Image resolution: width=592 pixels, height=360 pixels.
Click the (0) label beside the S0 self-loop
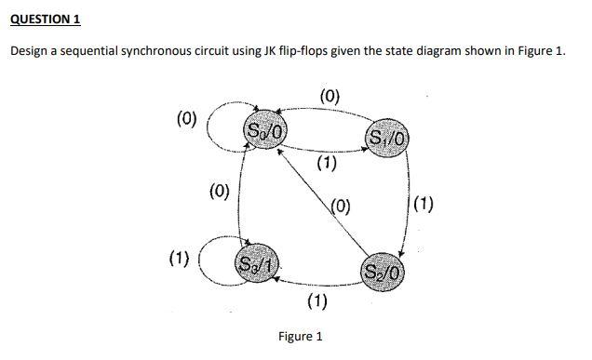click(x=187, y=118)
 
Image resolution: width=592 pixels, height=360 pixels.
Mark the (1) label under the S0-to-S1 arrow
click(x=326, y=166)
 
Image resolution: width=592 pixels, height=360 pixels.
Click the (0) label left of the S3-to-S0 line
click(x=220, y=193)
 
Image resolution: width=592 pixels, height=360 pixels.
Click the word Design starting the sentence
click(x=31, y=50)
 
